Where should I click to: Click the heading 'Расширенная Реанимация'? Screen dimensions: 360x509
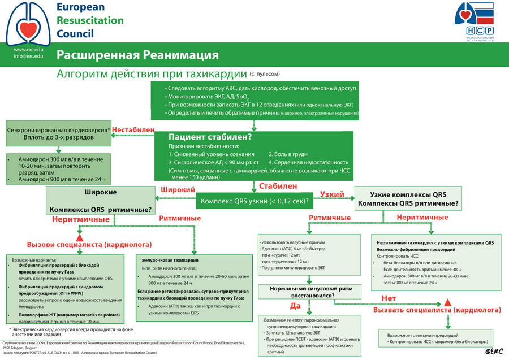137,55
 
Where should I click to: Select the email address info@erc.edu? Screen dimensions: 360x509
28,57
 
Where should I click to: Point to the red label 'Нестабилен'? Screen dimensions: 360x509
133,130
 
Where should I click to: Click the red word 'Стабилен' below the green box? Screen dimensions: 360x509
278,185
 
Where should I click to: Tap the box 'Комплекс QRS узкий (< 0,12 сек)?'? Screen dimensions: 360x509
256,201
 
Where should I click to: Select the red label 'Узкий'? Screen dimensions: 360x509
332,194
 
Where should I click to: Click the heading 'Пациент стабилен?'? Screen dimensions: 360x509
210,137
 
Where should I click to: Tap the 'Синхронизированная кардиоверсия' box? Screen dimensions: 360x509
59,134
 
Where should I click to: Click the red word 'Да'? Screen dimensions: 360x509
295,306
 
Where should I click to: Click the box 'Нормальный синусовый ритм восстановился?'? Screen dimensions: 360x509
309,292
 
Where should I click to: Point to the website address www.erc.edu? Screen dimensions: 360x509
28,49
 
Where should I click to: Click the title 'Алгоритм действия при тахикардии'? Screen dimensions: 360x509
152,74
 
